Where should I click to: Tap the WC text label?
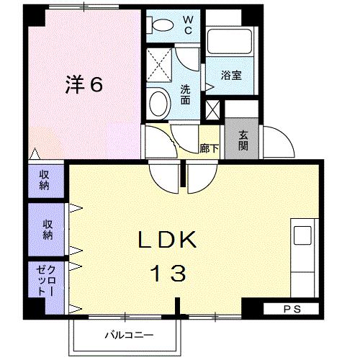tap(186, 25)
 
